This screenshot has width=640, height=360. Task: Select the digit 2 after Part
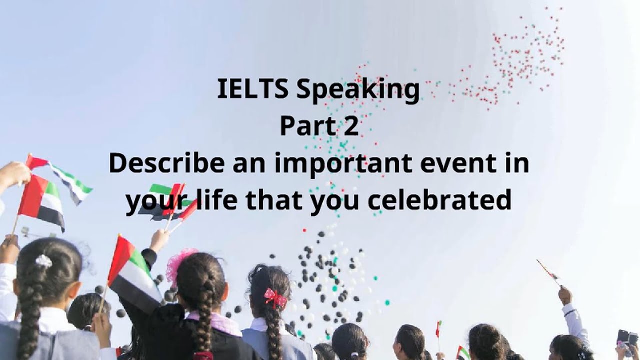coord(351,126)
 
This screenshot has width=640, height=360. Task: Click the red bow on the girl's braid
coord(276,298)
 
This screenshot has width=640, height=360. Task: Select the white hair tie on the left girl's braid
coord(44,261)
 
